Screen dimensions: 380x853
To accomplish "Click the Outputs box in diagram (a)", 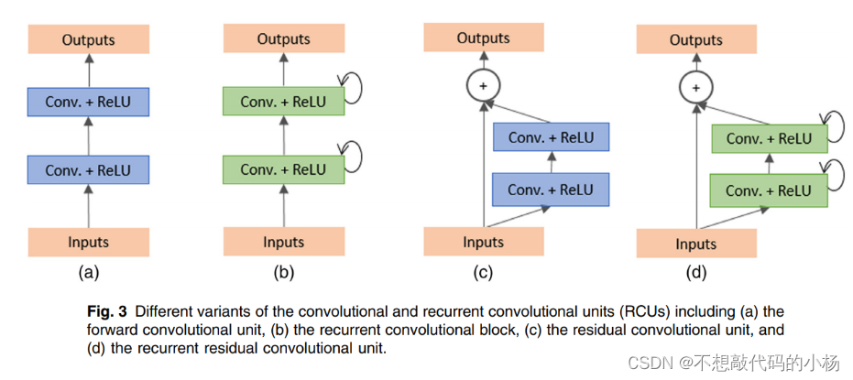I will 88,39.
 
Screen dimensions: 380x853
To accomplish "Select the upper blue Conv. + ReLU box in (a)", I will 88,102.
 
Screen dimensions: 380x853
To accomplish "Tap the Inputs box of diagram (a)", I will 88,242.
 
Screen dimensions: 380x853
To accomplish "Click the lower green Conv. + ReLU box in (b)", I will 283,169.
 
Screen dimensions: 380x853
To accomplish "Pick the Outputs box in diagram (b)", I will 283,39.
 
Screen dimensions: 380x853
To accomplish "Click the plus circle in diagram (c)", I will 483,86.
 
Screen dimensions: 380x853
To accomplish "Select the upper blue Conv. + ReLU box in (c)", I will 551,137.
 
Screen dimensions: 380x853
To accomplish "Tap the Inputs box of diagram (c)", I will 483,242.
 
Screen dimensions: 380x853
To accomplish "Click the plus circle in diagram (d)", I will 695,88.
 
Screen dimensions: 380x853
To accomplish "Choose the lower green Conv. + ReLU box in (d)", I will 769,190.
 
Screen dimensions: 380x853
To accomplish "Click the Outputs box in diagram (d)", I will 695,40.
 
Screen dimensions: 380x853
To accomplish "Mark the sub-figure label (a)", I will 88,272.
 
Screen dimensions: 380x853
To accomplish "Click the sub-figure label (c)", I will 483,272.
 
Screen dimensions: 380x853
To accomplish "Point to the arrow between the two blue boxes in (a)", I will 88,136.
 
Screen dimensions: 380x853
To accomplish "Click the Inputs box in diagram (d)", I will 695,244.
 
